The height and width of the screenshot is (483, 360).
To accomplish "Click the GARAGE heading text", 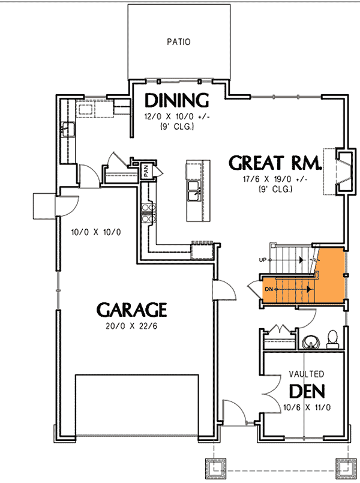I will tap(131, 310).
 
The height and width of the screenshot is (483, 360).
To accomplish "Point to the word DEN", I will tap(307, 391).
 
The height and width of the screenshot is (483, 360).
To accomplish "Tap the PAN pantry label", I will tap(146, 170).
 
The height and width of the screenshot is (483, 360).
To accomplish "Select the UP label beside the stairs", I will tap(263, 259).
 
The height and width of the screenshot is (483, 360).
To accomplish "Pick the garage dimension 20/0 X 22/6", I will tap(131, 327).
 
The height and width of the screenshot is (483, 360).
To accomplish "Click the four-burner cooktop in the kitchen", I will tap(148, 214).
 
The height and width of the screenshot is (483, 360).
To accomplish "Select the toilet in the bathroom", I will tap(332, 339).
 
